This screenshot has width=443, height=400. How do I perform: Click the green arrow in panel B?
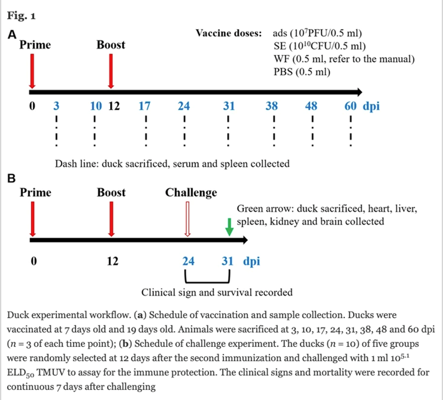229,227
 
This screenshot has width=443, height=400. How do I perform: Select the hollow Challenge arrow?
187,219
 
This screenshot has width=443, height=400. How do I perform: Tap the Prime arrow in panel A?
32,71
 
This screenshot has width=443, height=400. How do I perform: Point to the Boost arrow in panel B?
111,219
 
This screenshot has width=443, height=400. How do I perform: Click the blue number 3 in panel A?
56,106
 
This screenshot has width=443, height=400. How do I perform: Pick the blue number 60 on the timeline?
350,106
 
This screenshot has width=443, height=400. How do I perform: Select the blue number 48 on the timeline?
311,106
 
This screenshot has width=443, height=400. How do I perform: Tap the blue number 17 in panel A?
144,106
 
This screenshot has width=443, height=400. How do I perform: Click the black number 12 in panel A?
114,106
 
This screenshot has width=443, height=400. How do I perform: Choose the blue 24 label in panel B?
188,261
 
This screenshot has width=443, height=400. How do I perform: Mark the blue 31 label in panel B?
227,261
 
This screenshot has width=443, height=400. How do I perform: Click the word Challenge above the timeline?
191,192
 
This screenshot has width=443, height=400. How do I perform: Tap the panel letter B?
11,179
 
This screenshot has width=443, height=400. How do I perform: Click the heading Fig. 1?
22,15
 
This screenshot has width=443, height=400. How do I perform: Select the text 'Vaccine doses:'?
229,33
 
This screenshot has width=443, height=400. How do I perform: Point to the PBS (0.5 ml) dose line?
302,72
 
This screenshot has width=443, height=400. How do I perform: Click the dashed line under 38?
274,132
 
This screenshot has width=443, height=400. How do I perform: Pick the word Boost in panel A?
111,45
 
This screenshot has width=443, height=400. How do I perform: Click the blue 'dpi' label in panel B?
252,262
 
